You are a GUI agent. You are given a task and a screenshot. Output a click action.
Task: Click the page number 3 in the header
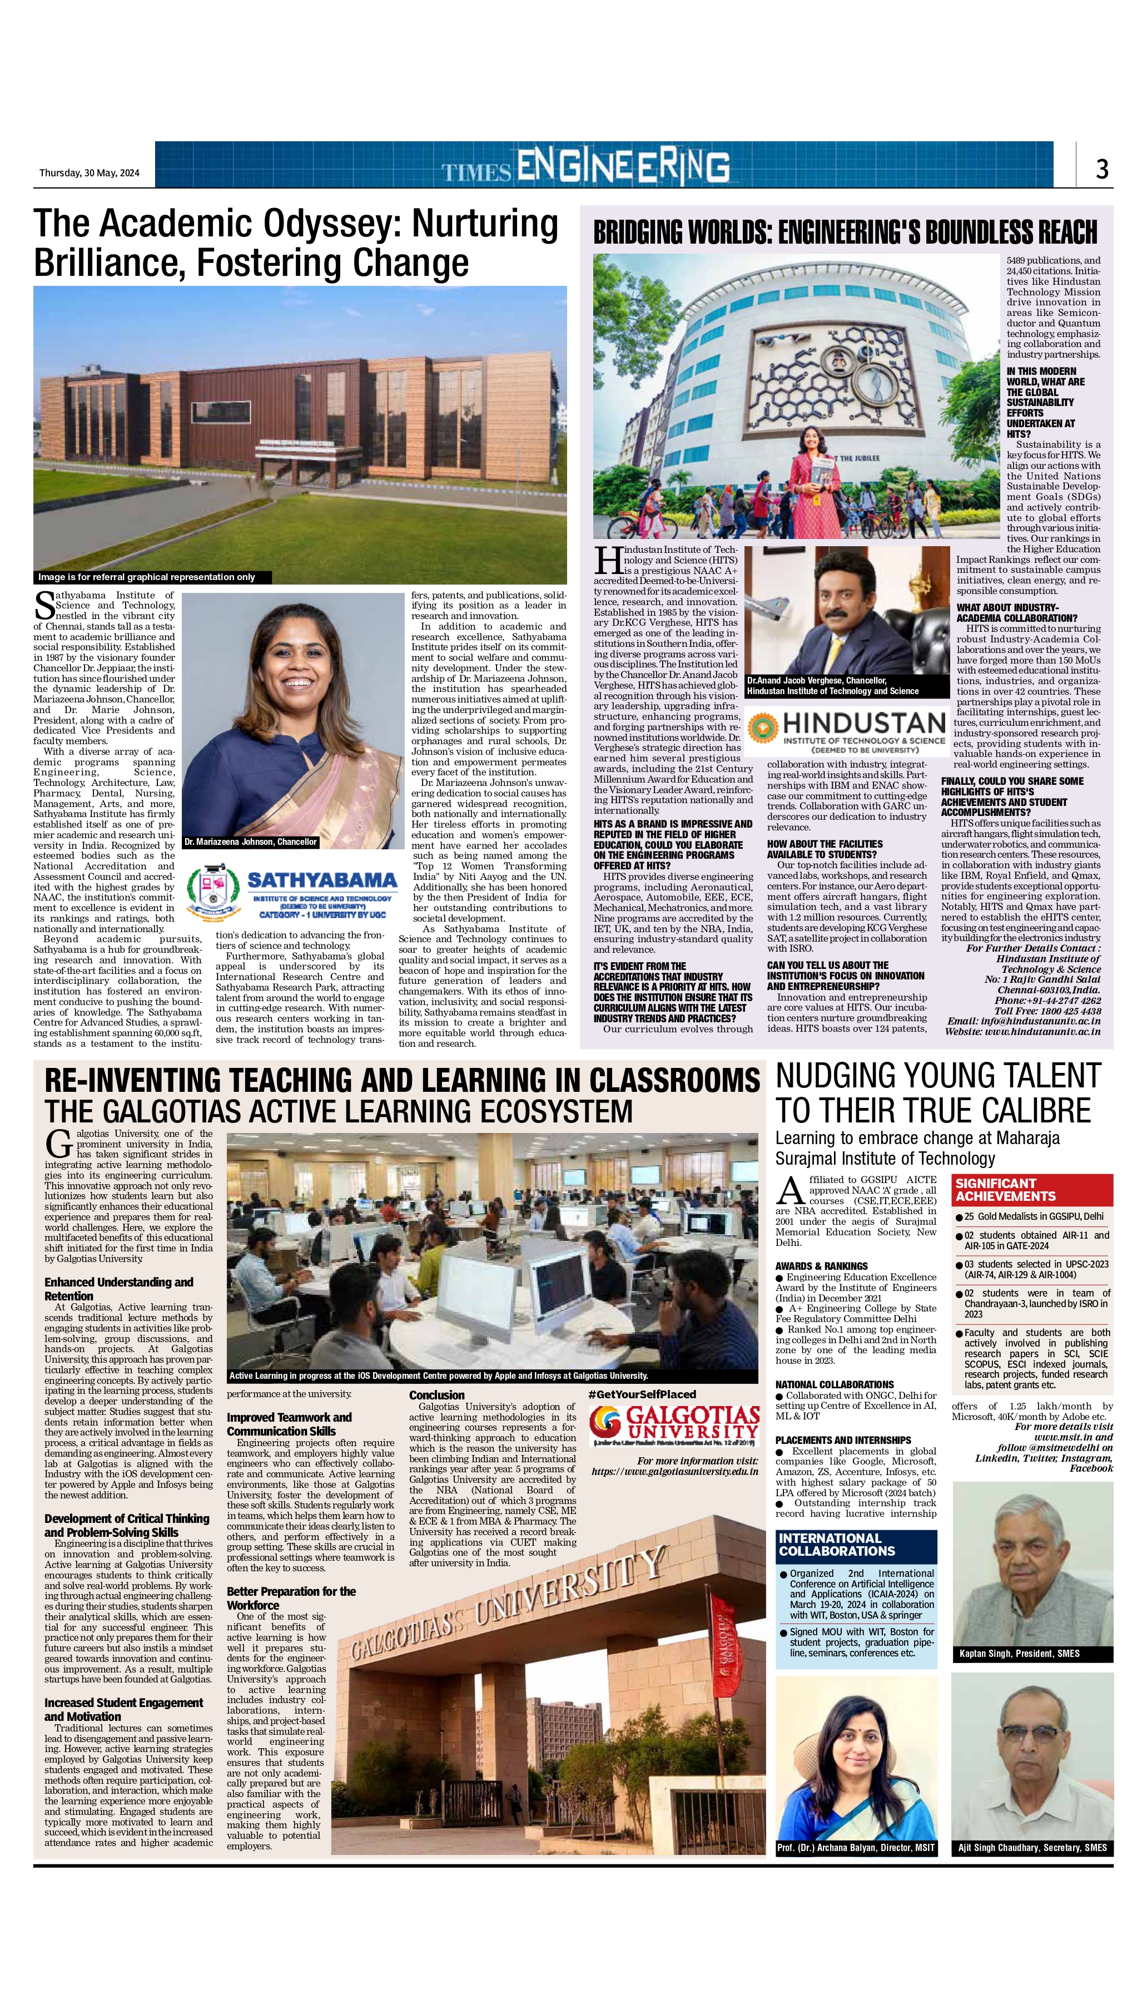click(x=1102, y=169)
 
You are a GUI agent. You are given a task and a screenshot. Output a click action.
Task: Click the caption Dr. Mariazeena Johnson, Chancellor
click(x=251, y=842)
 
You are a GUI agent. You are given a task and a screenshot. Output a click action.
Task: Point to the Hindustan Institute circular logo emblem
click(x=762, y=728)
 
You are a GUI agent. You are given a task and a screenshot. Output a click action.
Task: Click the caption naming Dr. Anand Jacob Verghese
click(x=833, y=685)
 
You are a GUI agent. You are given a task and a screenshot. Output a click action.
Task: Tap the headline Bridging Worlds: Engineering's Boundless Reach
click(x=845, y=232)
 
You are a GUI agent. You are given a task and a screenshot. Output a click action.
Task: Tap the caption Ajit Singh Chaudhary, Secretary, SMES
click(x=1032, y=1848)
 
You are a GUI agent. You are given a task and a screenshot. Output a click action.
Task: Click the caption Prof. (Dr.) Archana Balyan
click(x=856, y=1848)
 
